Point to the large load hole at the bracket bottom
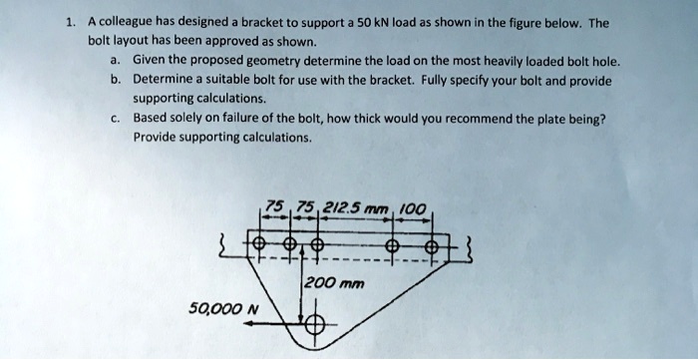[x=313, y=324]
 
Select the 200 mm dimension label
[x=337, y=283]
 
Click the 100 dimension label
[x=411, y=207]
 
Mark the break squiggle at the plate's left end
[x=234, y=243]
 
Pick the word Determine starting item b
[x=167, y=80]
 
